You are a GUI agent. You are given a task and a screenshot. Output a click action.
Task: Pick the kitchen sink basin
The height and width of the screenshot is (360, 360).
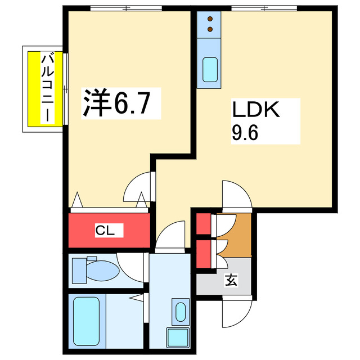click(210, 70)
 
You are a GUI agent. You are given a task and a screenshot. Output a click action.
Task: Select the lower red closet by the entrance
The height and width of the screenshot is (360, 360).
click(202, 255)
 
